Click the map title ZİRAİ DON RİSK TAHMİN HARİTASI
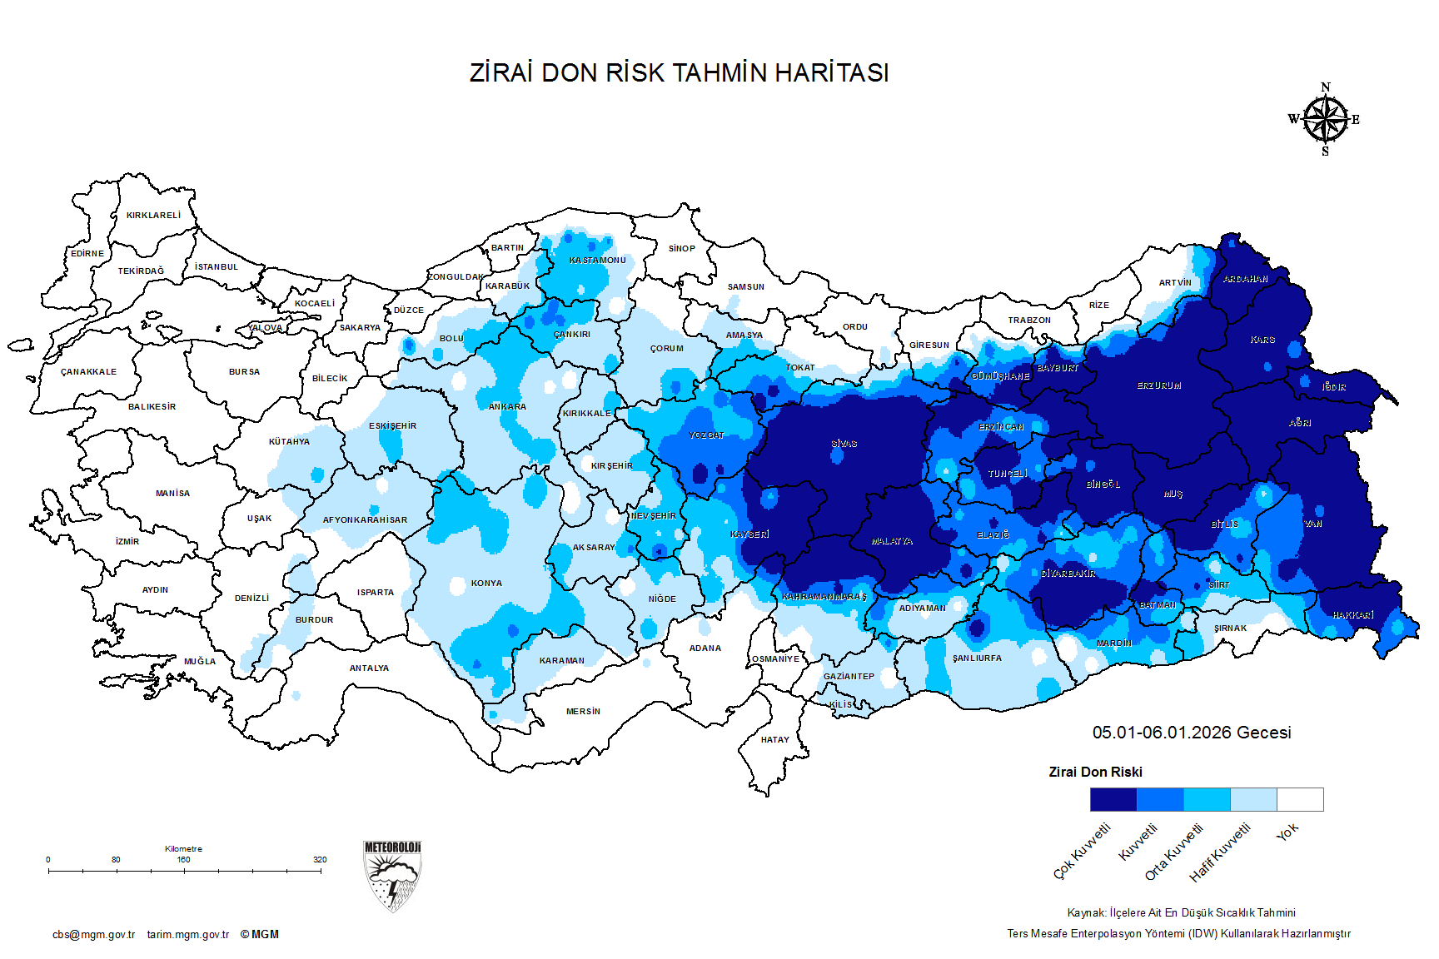679,73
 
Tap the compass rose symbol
1325,120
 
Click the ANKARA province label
507,407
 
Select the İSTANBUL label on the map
217,267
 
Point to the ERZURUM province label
1159,386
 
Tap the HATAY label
774,739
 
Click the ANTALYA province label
369,668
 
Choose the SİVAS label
844,444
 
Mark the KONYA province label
486,584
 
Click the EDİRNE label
87,254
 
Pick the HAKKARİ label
1352,615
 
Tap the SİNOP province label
681,249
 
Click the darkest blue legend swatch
1113,799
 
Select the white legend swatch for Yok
1300,799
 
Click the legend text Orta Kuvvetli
1174,852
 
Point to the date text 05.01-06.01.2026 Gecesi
1192,733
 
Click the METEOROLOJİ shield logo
392,876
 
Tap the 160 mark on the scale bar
183,860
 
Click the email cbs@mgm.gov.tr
93,935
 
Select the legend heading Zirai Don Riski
1095,773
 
